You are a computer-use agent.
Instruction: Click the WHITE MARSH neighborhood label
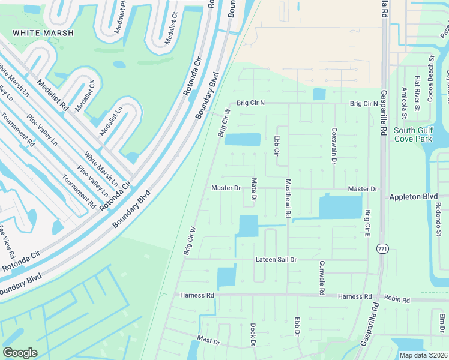tap(43, 33)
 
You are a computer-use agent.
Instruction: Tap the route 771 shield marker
tap(382, 248)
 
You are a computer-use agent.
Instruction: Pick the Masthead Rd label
tap(288, 199)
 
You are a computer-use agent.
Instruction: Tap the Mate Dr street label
tap(254, 190)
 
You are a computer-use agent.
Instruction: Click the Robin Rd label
tap(397, 299)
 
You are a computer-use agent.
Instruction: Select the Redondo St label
tap(438, 220)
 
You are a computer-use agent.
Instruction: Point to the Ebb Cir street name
tap(277, 145)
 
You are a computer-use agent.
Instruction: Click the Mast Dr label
tap(208, 340)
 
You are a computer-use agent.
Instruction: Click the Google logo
tap(20, 353)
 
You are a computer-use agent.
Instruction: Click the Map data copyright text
tap(423, 355)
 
